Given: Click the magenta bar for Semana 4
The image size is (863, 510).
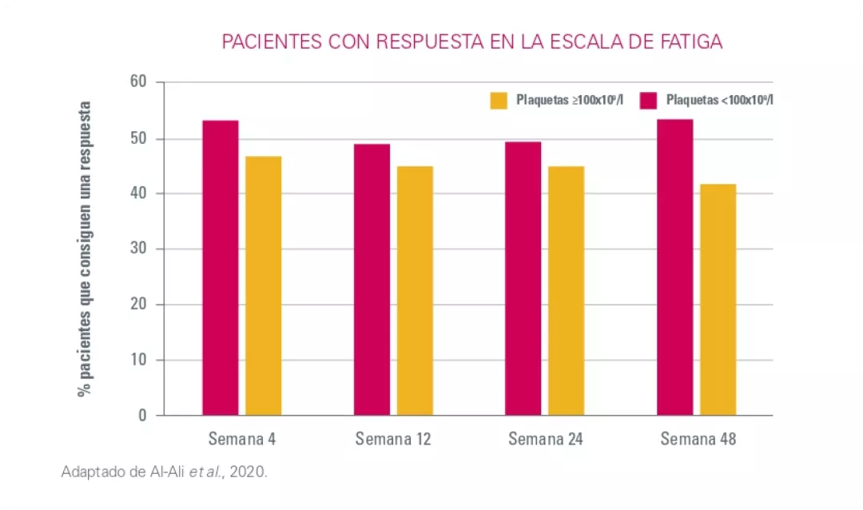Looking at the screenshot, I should (221, 268).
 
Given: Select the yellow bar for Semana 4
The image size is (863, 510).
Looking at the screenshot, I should (263, 285).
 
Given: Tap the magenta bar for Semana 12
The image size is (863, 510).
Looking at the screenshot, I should (372, 280).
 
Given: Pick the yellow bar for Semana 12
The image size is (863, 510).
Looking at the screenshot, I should (415, 290).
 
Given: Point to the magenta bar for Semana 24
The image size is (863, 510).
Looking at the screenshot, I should (523, 278).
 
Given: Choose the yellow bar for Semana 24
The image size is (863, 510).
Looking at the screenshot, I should (566, 290).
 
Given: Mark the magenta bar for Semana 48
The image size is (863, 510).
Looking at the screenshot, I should (674, 267).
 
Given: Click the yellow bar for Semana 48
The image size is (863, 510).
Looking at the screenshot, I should (718, 300).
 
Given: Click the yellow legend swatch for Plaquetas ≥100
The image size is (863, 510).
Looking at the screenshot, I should (499, 100).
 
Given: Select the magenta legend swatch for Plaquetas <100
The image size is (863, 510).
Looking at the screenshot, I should (648, 100).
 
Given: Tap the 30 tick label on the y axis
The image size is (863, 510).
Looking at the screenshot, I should (139, 249).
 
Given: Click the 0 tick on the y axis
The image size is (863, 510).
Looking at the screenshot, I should (143, 415).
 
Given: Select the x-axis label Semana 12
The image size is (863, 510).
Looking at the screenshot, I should (393, 439).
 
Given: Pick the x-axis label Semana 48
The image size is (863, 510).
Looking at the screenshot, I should (698, 439).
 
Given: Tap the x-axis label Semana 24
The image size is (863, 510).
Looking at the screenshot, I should (546, 439).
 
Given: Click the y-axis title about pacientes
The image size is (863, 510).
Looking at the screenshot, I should (84, 249).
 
